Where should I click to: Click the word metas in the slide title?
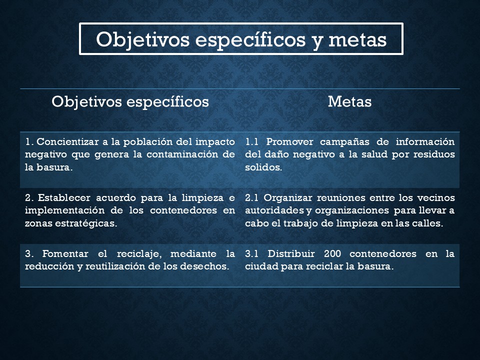click(x=357, y=40)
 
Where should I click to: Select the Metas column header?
click(x=349, y=101)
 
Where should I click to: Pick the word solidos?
click(x=263, y=167)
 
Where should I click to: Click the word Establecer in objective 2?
click(x=64, y=198)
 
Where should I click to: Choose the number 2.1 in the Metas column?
click(x=251, y=198)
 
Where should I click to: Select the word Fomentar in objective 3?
click(x=65, y=254)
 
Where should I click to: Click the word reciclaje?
click(x=139, y=254)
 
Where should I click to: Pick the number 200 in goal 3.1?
click(x=332, y=254)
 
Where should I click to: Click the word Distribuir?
click(x=291, y=254)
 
